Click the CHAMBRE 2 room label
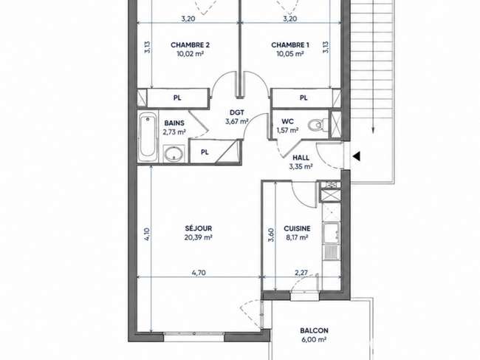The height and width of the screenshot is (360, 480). tap(190, 45)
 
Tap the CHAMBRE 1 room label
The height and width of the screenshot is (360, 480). tap(290, 45)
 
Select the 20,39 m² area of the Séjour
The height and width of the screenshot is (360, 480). tap(199, 237)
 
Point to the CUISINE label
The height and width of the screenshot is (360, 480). tap(297, 228)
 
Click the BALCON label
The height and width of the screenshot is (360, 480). tap(314, 330)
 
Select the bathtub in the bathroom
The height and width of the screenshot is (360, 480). tap(147, 137)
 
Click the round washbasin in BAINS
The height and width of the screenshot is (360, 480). tap(174, 154)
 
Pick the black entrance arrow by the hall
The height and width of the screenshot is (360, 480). tap(356, 156)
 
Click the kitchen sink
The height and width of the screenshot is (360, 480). tap(331, 232)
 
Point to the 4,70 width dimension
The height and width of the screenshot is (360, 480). tap(199, 273)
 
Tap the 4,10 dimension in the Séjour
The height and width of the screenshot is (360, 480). tap(147, 234)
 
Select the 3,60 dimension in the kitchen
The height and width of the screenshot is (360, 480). tap(271, 235)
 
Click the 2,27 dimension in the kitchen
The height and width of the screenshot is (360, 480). tap(301, 272)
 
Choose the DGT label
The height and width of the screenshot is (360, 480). tap(236, 113)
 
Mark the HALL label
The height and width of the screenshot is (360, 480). tap(301, 157)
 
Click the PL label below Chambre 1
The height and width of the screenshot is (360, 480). tap(304, 98)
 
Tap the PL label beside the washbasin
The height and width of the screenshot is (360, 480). tap(205, 152)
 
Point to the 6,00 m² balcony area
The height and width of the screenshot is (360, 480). tap(314, 339)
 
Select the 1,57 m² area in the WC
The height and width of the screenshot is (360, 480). tap(287, 130)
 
